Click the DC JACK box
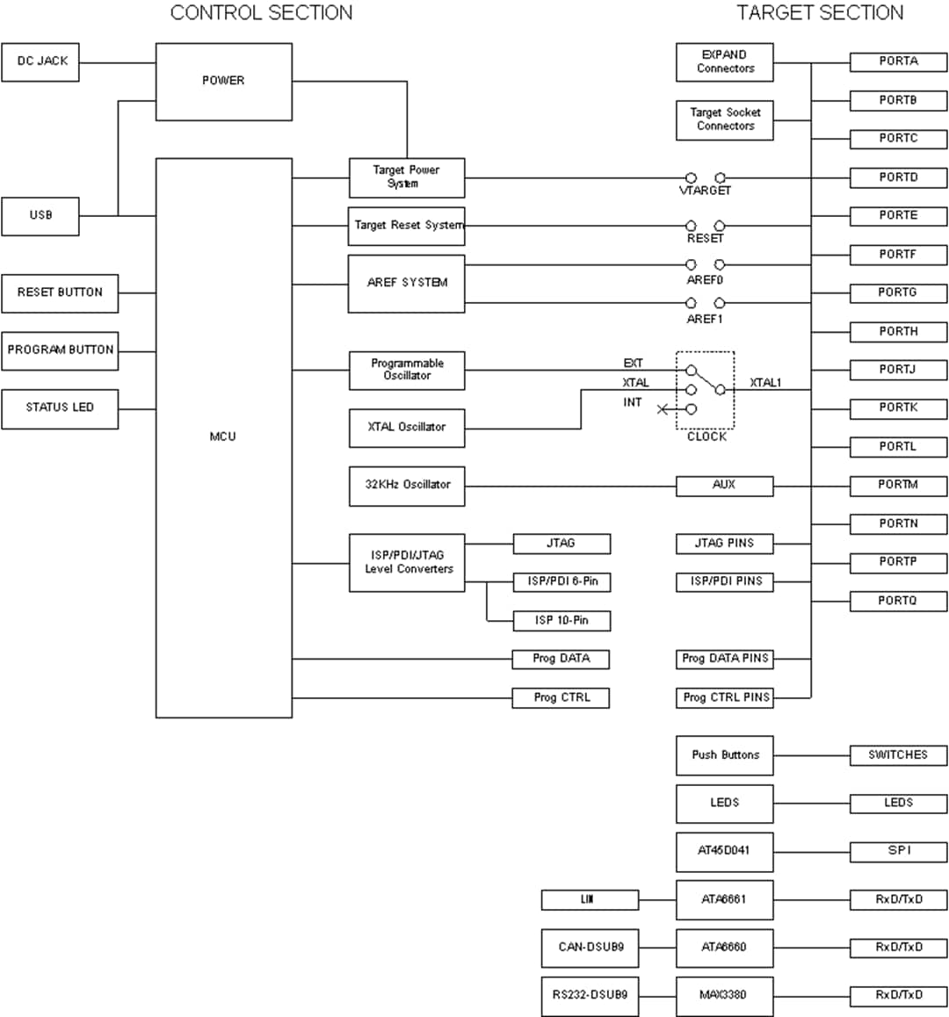(x=40, y=62)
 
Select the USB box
(x=40, y=216)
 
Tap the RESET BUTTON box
(x=60, y=292)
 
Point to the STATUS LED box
(x=60, y=408)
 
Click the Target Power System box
(x=406, y=177)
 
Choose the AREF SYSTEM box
(x=406, y=284)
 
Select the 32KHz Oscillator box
(x=406, y=486)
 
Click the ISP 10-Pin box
(x=561, y=621)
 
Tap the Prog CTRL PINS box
(x=725, y=698)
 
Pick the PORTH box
(x=898, y=332)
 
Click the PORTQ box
(x=898, y=602)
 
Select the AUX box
(x=724, y=486)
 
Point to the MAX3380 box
(x=724, y=996)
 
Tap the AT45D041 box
(x=724, y=851)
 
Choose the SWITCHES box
(x=898, y=755)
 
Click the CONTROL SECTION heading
(x=261, y=13)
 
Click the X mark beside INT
(x=663, y=409)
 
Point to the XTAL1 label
(x=765, y=383)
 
